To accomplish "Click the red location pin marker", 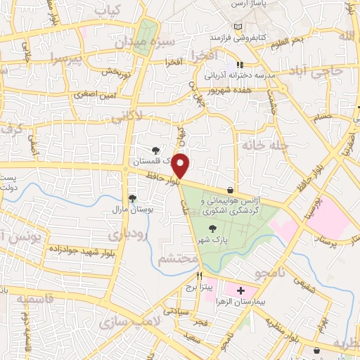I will (x=181, y=166).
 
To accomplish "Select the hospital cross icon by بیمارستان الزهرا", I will (x=241, y=290).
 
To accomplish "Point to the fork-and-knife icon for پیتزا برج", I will (x=200, y=275).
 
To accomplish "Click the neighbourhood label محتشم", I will (x=177, y=259).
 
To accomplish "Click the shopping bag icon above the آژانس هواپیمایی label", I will (x=231, y=190).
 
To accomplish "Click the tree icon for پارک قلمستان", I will (x=156, y=150).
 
